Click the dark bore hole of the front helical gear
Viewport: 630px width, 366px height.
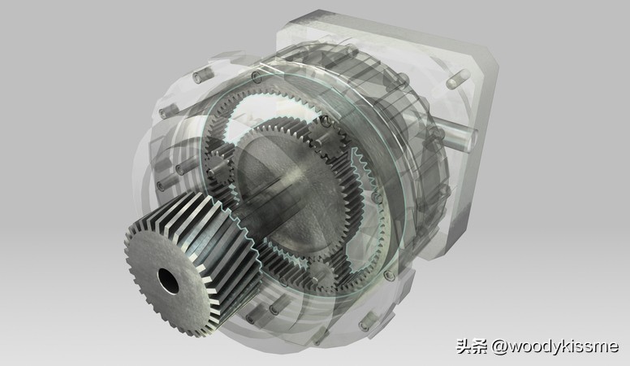pos(169,281)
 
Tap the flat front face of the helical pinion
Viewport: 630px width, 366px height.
pos(169,280)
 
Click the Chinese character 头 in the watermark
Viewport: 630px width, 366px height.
pos(464,346)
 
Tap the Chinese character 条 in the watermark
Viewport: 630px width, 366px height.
pos(481,346)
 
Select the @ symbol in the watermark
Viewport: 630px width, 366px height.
pos(499,346)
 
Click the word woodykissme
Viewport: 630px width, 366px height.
pos(563,346)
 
